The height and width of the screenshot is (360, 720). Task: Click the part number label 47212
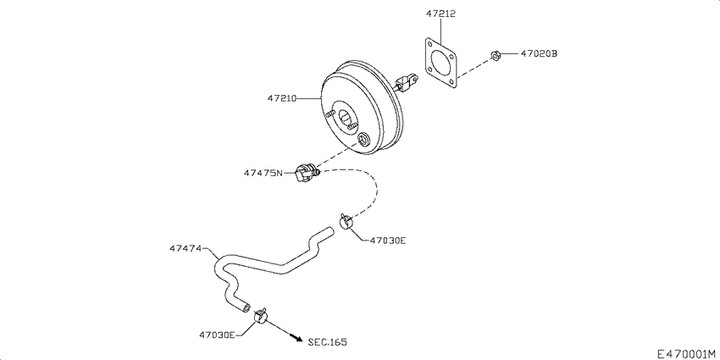click(x=440, y=14)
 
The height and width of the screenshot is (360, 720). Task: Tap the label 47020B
click(x=539, y=54)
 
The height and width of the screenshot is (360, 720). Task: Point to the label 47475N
click(x=263, y=174)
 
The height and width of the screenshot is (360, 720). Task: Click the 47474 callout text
click(x=185, y=249)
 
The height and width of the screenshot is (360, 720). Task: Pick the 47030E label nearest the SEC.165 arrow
click(x=217, y=335)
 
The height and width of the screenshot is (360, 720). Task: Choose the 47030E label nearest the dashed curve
click(x=388, y=241)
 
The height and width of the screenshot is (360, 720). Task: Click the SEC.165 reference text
click(x=327, y=342)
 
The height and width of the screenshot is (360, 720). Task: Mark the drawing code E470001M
click(x=685, y=352)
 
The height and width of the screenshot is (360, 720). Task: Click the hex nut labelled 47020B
click(x=494, y=56)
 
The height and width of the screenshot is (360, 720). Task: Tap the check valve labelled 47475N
click(x=306, y=173)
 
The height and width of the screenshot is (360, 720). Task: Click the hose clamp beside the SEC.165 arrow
click(x=262, y=318)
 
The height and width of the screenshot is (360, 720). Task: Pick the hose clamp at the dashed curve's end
click(x=346, y=222)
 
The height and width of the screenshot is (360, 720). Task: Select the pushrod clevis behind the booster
click(x=408, y=82)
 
